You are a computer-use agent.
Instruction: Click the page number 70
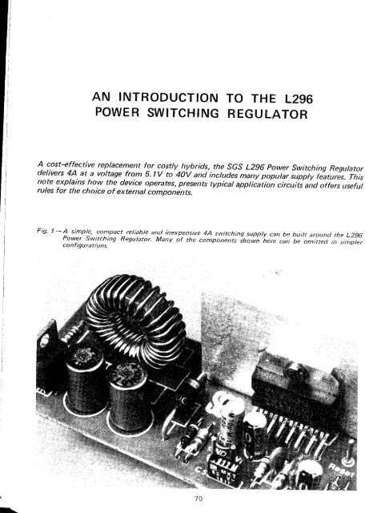tap(192, 500)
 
